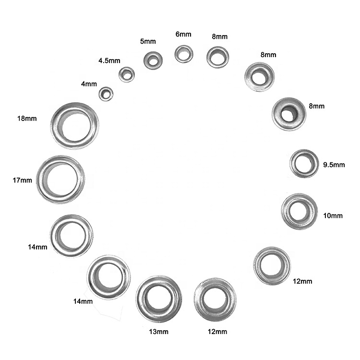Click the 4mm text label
[x=89, y=84]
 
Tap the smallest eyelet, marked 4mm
[x=106, y=94]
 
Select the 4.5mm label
[x=109, y=61]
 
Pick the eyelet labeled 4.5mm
[x=127, y=74]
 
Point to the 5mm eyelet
[x=153, y=60]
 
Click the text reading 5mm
[x=147, y=42]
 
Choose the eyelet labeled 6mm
[x=184, y=54]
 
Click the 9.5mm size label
[x=334, y=165]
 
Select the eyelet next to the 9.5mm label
[x=304, y=163]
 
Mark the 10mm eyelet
[x=300, y=211]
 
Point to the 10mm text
[x=333, y=216]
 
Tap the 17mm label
[x=22, y=180]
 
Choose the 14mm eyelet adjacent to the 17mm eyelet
[x=72, y=235]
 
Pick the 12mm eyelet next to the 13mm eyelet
[x=215, y=299]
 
